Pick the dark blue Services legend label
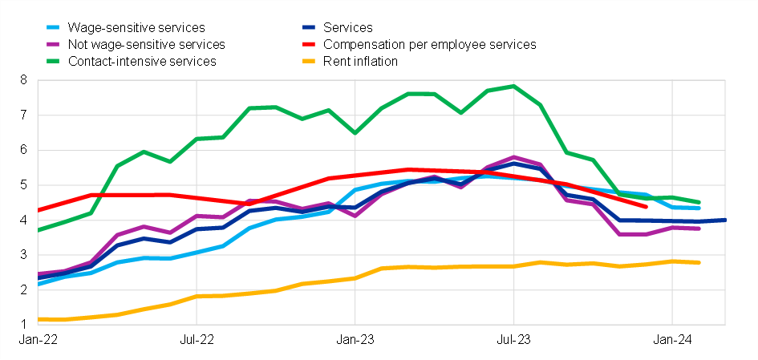click(x=347, y=28)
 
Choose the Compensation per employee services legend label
click(x=429, y=44)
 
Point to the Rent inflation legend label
click(x=360, y=61)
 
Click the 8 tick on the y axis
click(x=23, y=80)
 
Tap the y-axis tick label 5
click(x=23, y=185)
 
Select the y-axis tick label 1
click(x=23, y=325)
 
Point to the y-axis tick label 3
click(x=23, y=255)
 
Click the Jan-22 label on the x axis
click(x=34, y=340)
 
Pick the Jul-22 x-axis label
click(x=197, y=340)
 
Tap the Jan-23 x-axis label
click(x=355, y=340)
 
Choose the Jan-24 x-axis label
click(x=672, y=340)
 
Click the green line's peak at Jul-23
click(x=513, y=86)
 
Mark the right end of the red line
click(x=646, y=206)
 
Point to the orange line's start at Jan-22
click(x=39, y=319)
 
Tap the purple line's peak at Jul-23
click(x=513, y=157)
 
